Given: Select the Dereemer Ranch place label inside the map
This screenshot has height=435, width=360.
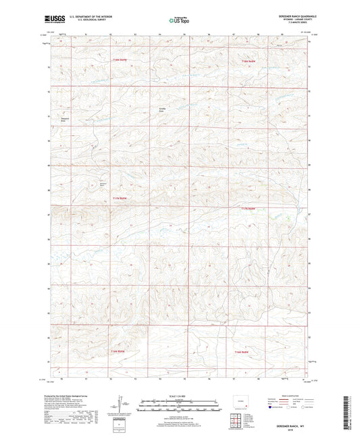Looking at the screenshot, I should click(103, 183).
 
